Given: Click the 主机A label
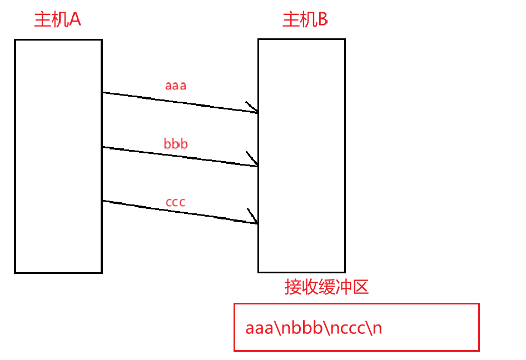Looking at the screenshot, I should coord(58,20).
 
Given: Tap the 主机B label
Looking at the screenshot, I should coord(305,20).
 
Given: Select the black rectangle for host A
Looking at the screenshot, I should coord(58,156).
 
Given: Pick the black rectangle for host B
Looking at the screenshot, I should coord(301,156).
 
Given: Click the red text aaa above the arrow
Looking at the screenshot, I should coord(176,86).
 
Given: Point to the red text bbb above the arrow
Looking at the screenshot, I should coord(176,144).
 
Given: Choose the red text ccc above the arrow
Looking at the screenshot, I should coord(176,202).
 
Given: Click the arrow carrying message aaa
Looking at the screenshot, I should coord(178,103).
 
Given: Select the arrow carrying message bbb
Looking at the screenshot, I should coord(178,157).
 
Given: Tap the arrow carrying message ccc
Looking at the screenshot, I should coord(178,212).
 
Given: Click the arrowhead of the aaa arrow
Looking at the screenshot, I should coord(253,109).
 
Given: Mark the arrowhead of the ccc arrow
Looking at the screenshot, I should coord(254,219).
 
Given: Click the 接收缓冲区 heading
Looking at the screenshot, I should coord(326,287).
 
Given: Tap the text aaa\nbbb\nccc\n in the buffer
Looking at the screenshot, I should coord(314,328).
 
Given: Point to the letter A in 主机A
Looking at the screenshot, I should coord(75,20).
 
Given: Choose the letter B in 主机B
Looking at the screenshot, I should coord(322,20).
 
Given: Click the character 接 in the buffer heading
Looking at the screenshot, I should coord(293,287).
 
